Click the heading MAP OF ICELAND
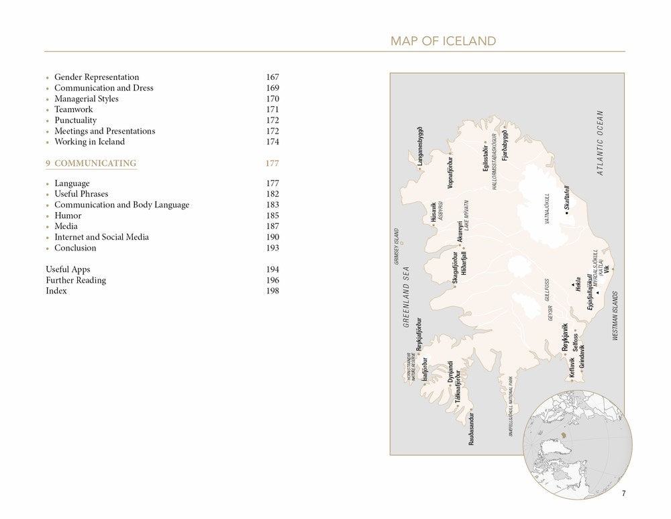coord(443,42)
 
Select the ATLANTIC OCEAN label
coord(601,143)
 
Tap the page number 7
coord(623,494)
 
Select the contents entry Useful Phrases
coord(82,194)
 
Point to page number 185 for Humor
coord(272,216)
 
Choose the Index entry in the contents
coord(56,291)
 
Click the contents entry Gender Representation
coord(97,77)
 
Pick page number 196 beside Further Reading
coord(272,280)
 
